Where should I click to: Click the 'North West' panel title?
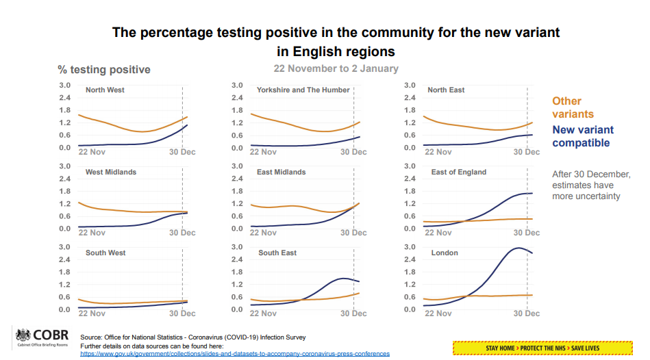(x=105, y=90)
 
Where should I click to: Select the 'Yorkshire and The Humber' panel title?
(x=303, y=90)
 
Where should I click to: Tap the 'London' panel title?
(x=445, y=253)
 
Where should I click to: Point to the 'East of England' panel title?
(x=458, y=172)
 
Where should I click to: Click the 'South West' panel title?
(x=105, y=253)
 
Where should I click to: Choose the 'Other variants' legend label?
(x=573, y=107)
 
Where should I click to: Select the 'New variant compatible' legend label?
(x=583, y=136)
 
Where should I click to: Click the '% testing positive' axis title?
(x=104, y=70)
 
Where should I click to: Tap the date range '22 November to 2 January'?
(x=336, y=68)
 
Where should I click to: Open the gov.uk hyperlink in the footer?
(x=235, y=353)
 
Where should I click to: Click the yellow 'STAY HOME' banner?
(x=542, y=348)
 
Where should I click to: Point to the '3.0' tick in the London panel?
(x=410, y=247)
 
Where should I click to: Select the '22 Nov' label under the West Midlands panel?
(x=92, y=232)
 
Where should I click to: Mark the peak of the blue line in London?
(x=518, y=248)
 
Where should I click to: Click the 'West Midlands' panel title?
(x=111, y=172)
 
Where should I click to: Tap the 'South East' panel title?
(x=277, y=253)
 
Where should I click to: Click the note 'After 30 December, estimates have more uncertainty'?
(x=590, y=185)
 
